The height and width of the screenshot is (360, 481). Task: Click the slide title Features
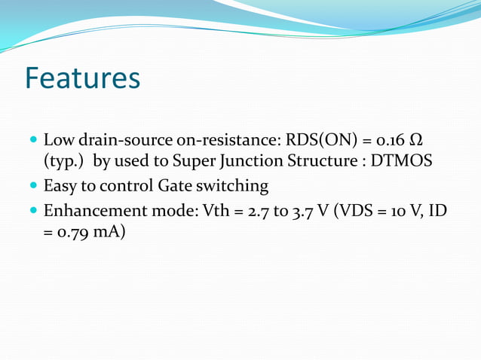point(82,78)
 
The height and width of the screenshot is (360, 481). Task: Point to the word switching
point(233,185)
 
